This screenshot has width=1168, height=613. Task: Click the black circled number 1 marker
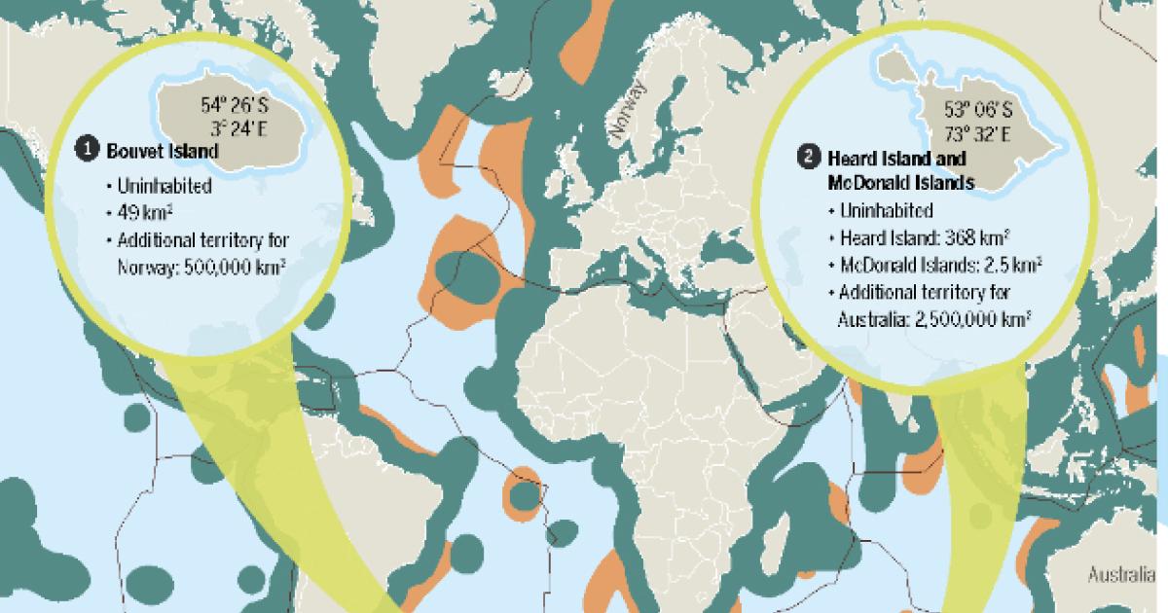click(x=88, y=150)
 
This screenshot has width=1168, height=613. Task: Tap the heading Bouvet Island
click(x=149, y=151)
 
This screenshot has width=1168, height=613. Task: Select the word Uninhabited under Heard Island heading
click(x=888, y=210)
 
